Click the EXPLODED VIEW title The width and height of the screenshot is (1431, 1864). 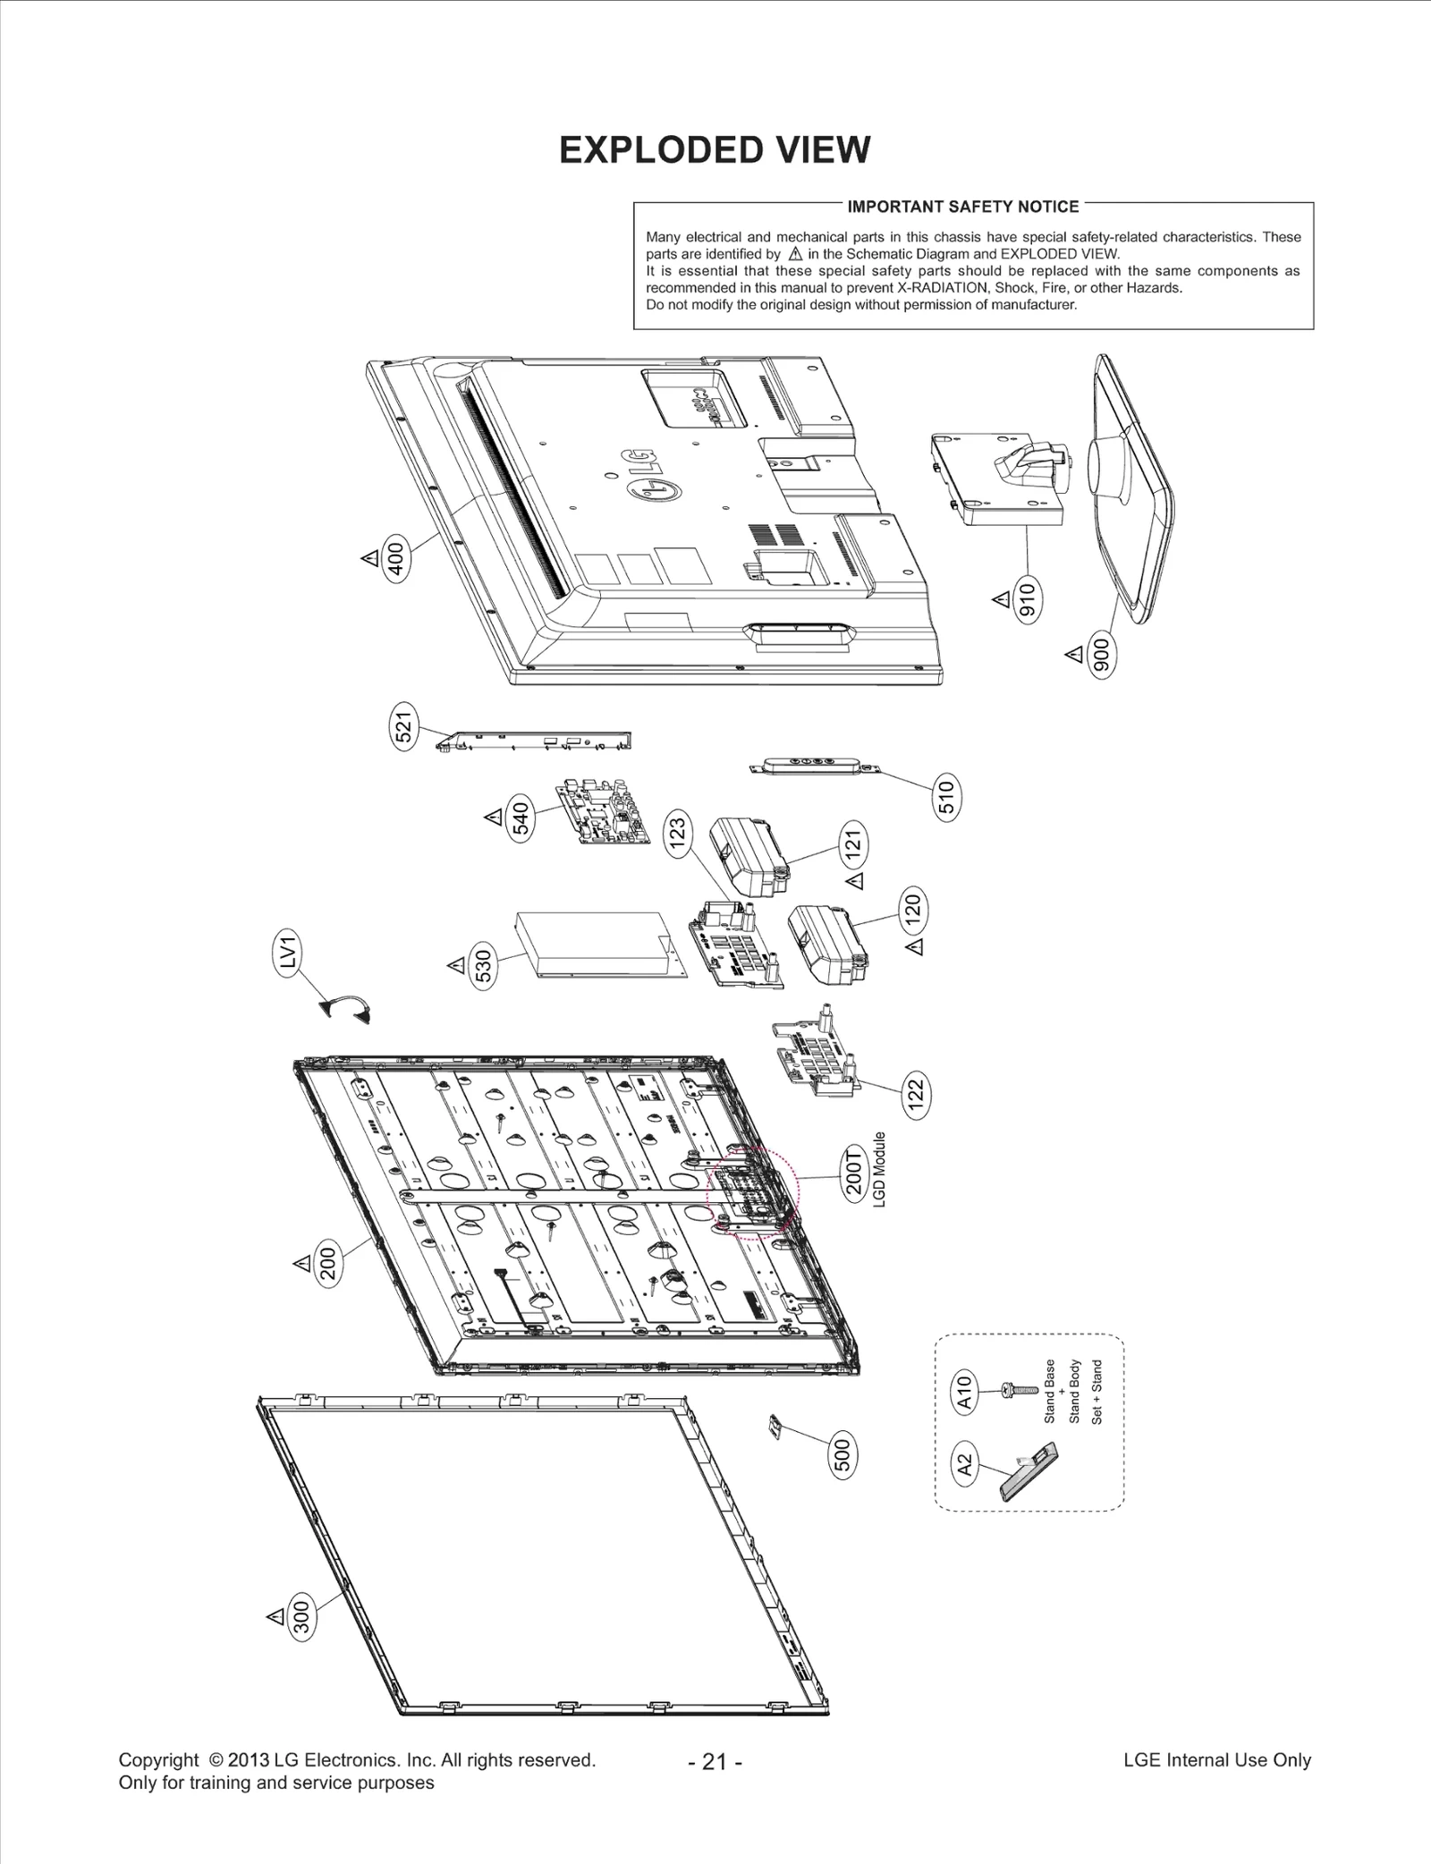tap(714, 150)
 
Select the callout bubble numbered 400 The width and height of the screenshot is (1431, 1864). tap(395, 558)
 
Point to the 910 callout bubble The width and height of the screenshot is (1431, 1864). tap(1028, 599)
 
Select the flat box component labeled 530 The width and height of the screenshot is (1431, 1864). tap(598, 945)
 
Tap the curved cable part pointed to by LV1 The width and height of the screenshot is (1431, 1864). tap(345, 1009)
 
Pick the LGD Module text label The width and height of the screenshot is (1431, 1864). tap(879, 1169)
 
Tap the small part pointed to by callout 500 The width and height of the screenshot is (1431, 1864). tap(775, 1426)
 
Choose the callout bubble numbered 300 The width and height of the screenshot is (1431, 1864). tap(302, 1617)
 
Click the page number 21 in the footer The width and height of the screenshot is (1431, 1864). tap(715, 1761)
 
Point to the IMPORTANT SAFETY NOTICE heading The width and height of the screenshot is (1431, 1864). tap(963, 207)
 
